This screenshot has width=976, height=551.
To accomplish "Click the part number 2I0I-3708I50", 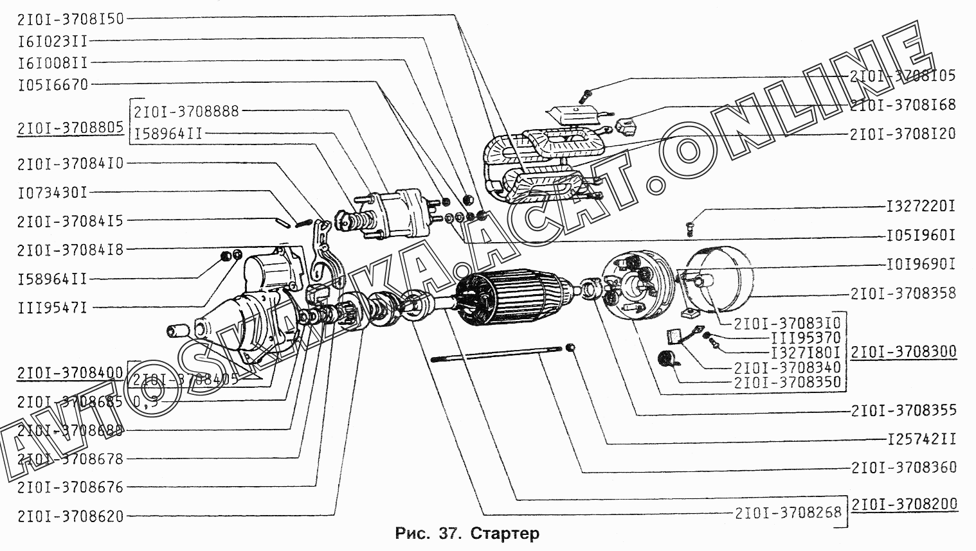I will point(71,19).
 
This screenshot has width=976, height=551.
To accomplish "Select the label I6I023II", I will point(53,41).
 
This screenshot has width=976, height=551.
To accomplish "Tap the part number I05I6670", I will point(53,84).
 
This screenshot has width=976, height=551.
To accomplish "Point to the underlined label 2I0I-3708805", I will point(71,127).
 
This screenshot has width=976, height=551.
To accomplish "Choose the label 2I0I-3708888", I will point(186,111).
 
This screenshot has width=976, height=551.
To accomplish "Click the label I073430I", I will point(53,191).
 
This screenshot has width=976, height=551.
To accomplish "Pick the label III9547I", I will point(53,308).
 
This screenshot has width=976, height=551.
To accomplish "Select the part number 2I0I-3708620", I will point(71,516).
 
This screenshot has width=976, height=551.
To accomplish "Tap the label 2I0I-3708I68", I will point(903,104).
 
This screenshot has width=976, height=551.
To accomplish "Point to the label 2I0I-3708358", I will point(903,293).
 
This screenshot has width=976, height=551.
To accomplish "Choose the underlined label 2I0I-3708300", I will point(903,352).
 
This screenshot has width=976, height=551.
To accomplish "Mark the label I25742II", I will point(920,439).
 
